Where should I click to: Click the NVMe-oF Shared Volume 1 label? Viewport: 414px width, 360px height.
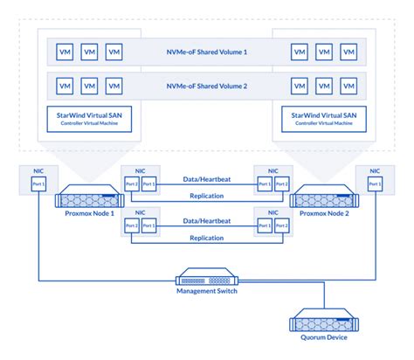[x=206, y=52]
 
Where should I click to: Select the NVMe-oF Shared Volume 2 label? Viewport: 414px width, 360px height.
[x=206, y=87]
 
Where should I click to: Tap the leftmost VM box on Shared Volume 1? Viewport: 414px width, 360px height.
[x=64, y=52]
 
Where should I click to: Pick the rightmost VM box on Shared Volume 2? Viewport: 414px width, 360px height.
[x=349, y=87]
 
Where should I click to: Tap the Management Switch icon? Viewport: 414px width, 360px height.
[x=206, y=279]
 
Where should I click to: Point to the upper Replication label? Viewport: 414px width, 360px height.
[x=206, y=196]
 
